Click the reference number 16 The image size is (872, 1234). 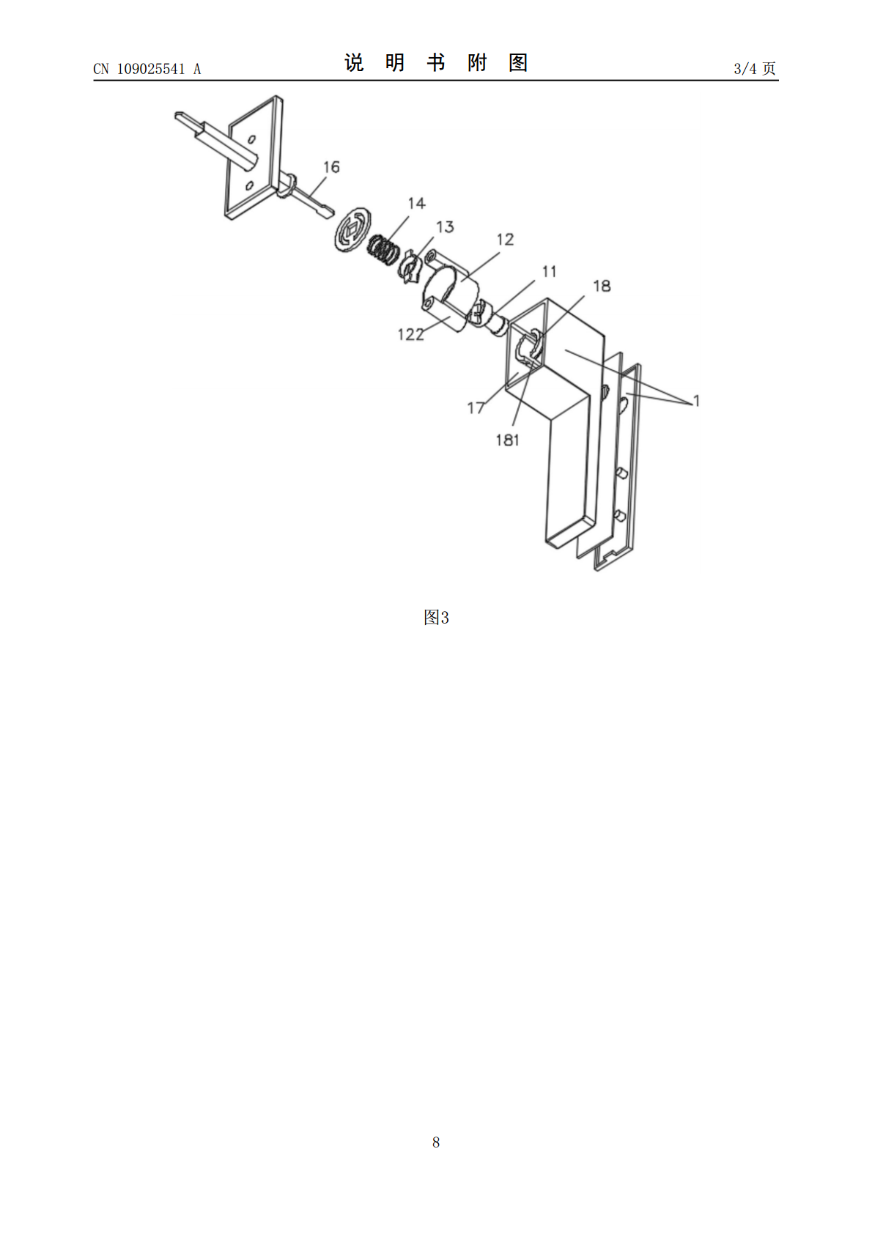[331, 167]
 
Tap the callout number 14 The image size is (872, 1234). [416, 203]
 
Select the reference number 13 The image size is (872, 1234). [445, 227]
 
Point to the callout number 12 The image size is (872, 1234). [505, 239]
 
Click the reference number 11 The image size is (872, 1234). [549, 272]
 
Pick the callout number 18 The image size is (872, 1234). [602, 286]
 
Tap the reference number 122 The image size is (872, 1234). [411, 334]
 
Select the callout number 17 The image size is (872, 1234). [476, 408]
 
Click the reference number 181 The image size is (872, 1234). [507, 440]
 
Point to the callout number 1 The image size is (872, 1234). [696, 401]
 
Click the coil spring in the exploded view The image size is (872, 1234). [384, 250]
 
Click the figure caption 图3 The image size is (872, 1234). [436, 618]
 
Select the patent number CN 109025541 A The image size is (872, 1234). [147, 69]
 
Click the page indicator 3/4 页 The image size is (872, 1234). [755, 68]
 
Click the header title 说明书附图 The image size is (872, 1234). [436, 63]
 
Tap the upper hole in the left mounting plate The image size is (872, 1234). [252, 138]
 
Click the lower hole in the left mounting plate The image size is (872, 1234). [250, 185]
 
